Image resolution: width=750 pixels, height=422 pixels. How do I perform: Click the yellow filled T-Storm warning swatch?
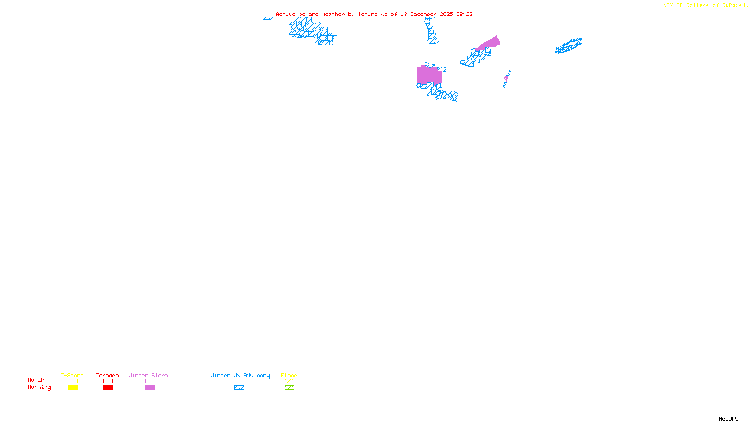point(73,388)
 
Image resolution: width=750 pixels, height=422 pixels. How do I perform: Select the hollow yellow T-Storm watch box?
point(73,381)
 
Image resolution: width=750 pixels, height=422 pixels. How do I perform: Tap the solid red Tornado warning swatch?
point(108,388)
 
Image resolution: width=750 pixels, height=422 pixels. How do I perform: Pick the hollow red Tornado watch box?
point(108,381)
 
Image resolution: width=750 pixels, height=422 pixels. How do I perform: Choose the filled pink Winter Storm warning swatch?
point(150,388)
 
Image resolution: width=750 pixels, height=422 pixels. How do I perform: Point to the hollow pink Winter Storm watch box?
point(150,381)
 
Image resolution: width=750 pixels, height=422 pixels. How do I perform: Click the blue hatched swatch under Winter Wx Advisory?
point(239,388)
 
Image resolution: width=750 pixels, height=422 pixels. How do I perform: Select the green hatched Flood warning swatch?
point(289,388)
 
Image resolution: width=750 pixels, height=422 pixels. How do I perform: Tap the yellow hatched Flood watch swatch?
point(289,381)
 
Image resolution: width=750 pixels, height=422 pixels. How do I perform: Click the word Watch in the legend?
point(36,380)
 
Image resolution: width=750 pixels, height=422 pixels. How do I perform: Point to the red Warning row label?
point(39,387)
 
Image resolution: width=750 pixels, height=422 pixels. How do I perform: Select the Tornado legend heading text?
point(107,375)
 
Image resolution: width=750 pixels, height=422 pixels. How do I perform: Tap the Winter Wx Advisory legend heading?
point(240,375)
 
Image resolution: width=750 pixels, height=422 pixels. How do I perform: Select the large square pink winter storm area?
point(428,75)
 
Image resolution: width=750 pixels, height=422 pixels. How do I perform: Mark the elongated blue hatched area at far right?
point(569,46)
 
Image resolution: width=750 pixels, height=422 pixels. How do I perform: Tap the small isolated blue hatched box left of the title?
point(268,18)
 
